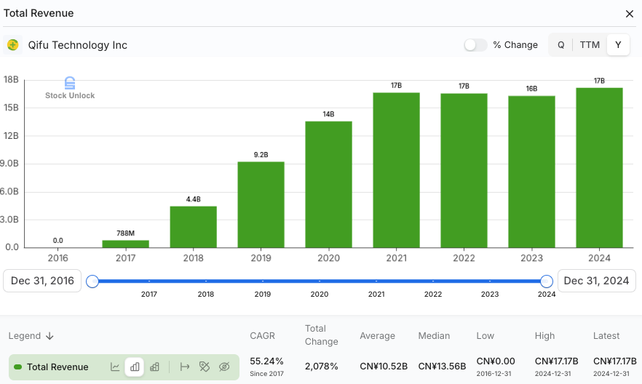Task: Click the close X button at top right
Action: tap(630, 14)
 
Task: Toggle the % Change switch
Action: tap(475, 45)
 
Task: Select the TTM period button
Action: tap(590, 45)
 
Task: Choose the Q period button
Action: tap(561, 45)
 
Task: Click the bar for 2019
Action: tap(261, 204)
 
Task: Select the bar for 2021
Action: tap(396, 170)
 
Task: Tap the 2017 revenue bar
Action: tap(125, 244)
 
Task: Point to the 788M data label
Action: tap(125, 233)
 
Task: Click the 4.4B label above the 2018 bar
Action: tap(193, 199)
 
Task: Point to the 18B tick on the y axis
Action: tap(11, 80)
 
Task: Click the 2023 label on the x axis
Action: tap(531, 258)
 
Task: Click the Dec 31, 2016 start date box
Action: tap(41, 281)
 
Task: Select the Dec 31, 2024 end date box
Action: tap(596, 281)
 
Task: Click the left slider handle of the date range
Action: tap(92, 281)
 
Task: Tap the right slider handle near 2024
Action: tap(547, 281)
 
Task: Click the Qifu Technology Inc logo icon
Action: tap(13, 45)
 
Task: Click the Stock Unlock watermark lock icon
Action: tap(70, 83)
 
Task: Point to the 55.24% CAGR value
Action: tap(266, 361)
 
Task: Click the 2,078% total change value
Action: tap(322, 366)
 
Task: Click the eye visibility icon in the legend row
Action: tap(224, 367)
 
